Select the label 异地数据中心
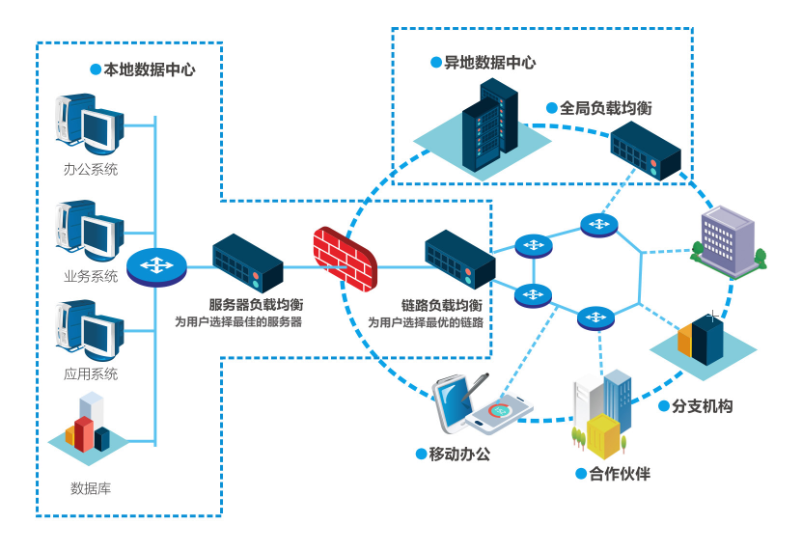click(x=489, y=63)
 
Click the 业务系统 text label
click(x=91, y=276)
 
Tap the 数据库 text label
click(x=91, y=488)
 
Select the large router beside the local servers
click(x=156, y=266)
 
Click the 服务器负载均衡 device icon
click(x=247, y=262)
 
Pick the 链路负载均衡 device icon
click(x=459, y=258)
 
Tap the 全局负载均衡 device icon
click(x=645, y=152)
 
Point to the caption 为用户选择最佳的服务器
click(x=238, y=321)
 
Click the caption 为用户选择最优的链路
click(x=426, y=322)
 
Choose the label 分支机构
click(x=702, y=406)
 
